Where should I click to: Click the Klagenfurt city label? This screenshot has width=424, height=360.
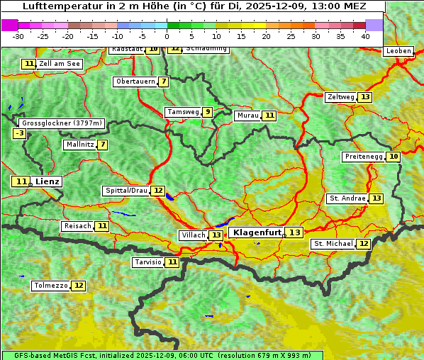pyautogui.click(x=257, y=232)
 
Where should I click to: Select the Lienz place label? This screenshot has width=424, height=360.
pyautogui.click(x=48, y=181)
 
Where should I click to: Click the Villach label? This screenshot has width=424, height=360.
pyautogui.click(x=193, y=235)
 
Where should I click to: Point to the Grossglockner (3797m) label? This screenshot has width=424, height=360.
pyautogui.click(x=62, y=123)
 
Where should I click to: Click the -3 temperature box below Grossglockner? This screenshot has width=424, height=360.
pyautogui.click(x=20, y=133)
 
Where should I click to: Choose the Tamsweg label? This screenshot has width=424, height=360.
pyautogui.click(x=182, y=112)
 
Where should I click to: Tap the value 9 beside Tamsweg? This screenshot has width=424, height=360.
pyautogui.click(x=207, y=112)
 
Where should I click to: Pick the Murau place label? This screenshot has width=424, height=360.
pyautogui.click(x=247, y=116)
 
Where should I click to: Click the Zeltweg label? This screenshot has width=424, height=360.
pyautogui.click(x=340, y=97)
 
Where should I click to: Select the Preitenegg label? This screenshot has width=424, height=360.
pyautogui.click(x=364, y=157)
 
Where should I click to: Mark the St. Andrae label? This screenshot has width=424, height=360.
pyautogui.click(x=347, y=198)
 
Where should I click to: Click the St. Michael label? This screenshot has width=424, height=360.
pyautogui.click(x=333, y=244)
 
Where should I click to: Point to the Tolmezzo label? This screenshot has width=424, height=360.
pyautogui.click(x=50, y=286)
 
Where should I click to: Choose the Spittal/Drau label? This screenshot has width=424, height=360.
pyautogui.click(x=126, y=191)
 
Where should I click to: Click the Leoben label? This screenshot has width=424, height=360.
pyautogui.click(x=398, y=51)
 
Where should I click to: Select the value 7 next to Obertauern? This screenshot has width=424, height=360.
pyautogui.click(x=164, y=81)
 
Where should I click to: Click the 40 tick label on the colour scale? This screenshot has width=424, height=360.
pyautogui.click(x=365, y=36)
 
